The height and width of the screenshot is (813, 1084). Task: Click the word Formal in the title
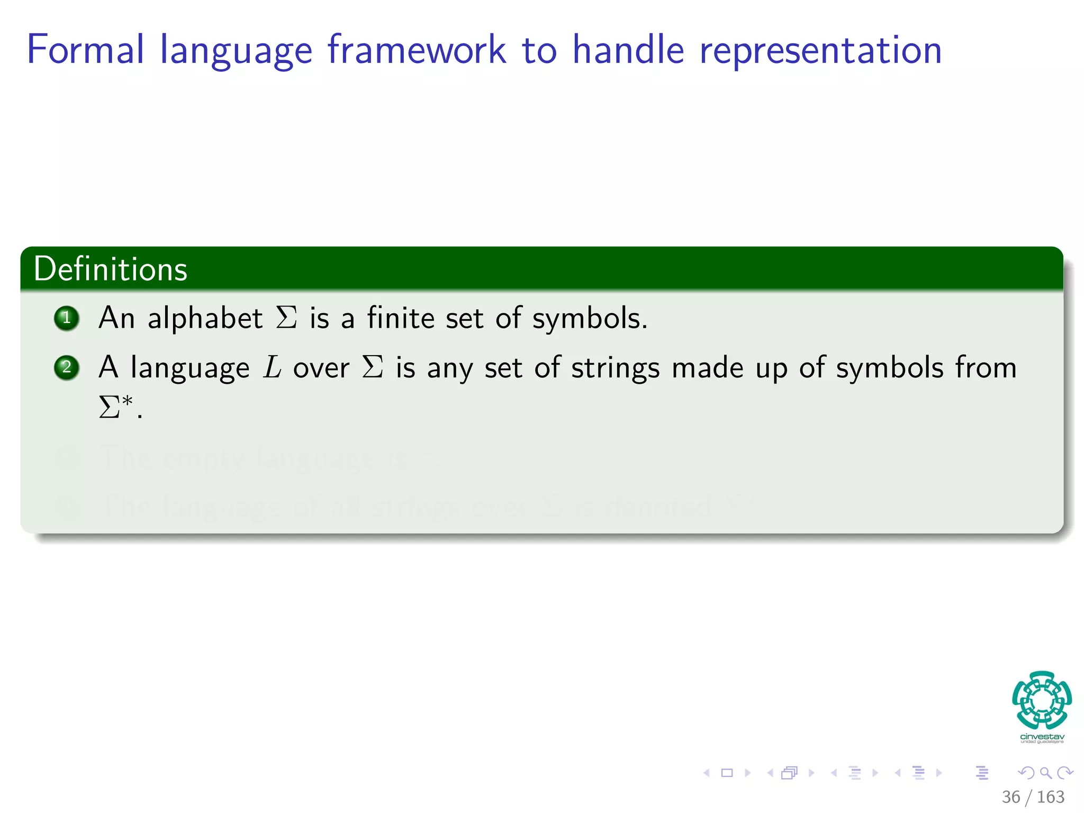pos(85,50)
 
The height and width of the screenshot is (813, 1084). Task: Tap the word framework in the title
pos(417,50)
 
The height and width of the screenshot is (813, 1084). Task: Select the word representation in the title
pos(820,50)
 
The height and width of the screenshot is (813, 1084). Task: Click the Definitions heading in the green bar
pos(110,269)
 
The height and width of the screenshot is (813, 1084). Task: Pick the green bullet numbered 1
pos(67,318)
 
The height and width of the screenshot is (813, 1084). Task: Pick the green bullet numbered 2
pos(67,367)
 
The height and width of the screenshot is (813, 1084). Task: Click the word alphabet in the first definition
pos(205,318)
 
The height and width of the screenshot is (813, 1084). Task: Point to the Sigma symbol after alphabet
pos(286,318)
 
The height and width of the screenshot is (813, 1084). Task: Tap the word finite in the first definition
pos(401,318)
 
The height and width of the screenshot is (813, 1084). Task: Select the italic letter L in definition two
pos(273,367)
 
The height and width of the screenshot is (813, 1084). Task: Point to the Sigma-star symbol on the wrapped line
pos(116,406)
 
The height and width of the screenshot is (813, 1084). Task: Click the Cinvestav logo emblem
pos(1042,700)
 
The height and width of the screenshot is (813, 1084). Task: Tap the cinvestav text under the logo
pos(1042,737)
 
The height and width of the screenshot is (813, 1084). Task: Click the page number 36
pos(1010,797)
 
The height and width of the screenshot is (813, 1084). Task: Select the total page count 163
pos(1050,797)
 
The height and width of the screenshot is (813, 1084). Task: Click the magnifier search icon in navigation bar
pos(1045,773)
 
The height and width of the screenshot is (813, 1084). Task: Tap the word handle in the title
pos(628,50)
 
